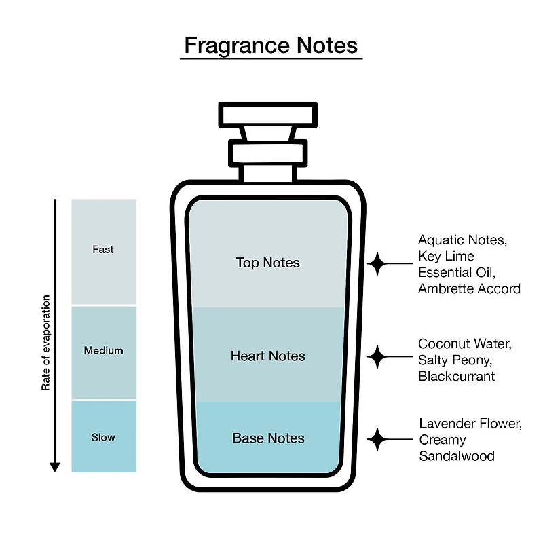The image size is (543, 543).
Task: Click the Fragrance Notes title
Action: tap(271, 45)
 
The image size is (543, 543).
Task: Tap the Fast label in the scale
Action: tap(103, 249)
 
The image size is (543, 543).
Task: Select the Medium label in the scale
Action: tap(104, 350)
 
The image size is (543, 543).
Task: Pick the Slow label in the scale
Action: tap(103, 437)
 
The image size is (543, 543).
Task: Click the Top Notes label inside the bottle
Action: tap(267, 263)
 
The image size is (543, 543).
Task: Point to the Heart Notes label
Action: tap(267, 356)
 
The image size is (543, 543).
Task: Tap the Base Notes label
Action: tap(268, 438)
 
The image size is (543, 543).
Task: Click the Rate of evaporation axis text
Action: tap(45, 343)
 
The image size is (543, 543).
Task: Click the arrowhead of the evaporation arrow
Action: tap(55, 467)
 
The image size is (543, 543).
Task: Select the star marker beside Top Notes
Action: tap(377, 264)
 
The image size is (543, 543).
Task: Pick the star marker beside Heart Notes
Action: tap(377, 357)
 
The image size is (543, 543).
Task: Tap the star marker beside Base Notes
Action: tap(377, 439)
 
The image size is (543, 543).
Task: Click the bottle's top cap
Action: tap(267, 115)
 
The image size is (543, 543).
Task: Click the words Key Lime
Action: tap(446, 257)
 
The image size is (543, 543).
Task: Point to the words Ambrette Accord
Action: tap(469, 288)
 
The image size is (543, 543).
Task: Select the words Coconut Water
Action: tap(465, 344)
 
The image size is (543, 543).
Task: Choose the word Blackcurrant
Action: tap(456, 376)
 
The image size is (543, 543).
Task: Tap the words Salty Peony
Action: tap(455, 360)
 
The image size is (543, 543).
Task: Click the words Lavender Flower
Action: tap(470, 424)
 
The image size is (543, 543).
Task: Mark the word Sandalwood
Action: tap(457, 455)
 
